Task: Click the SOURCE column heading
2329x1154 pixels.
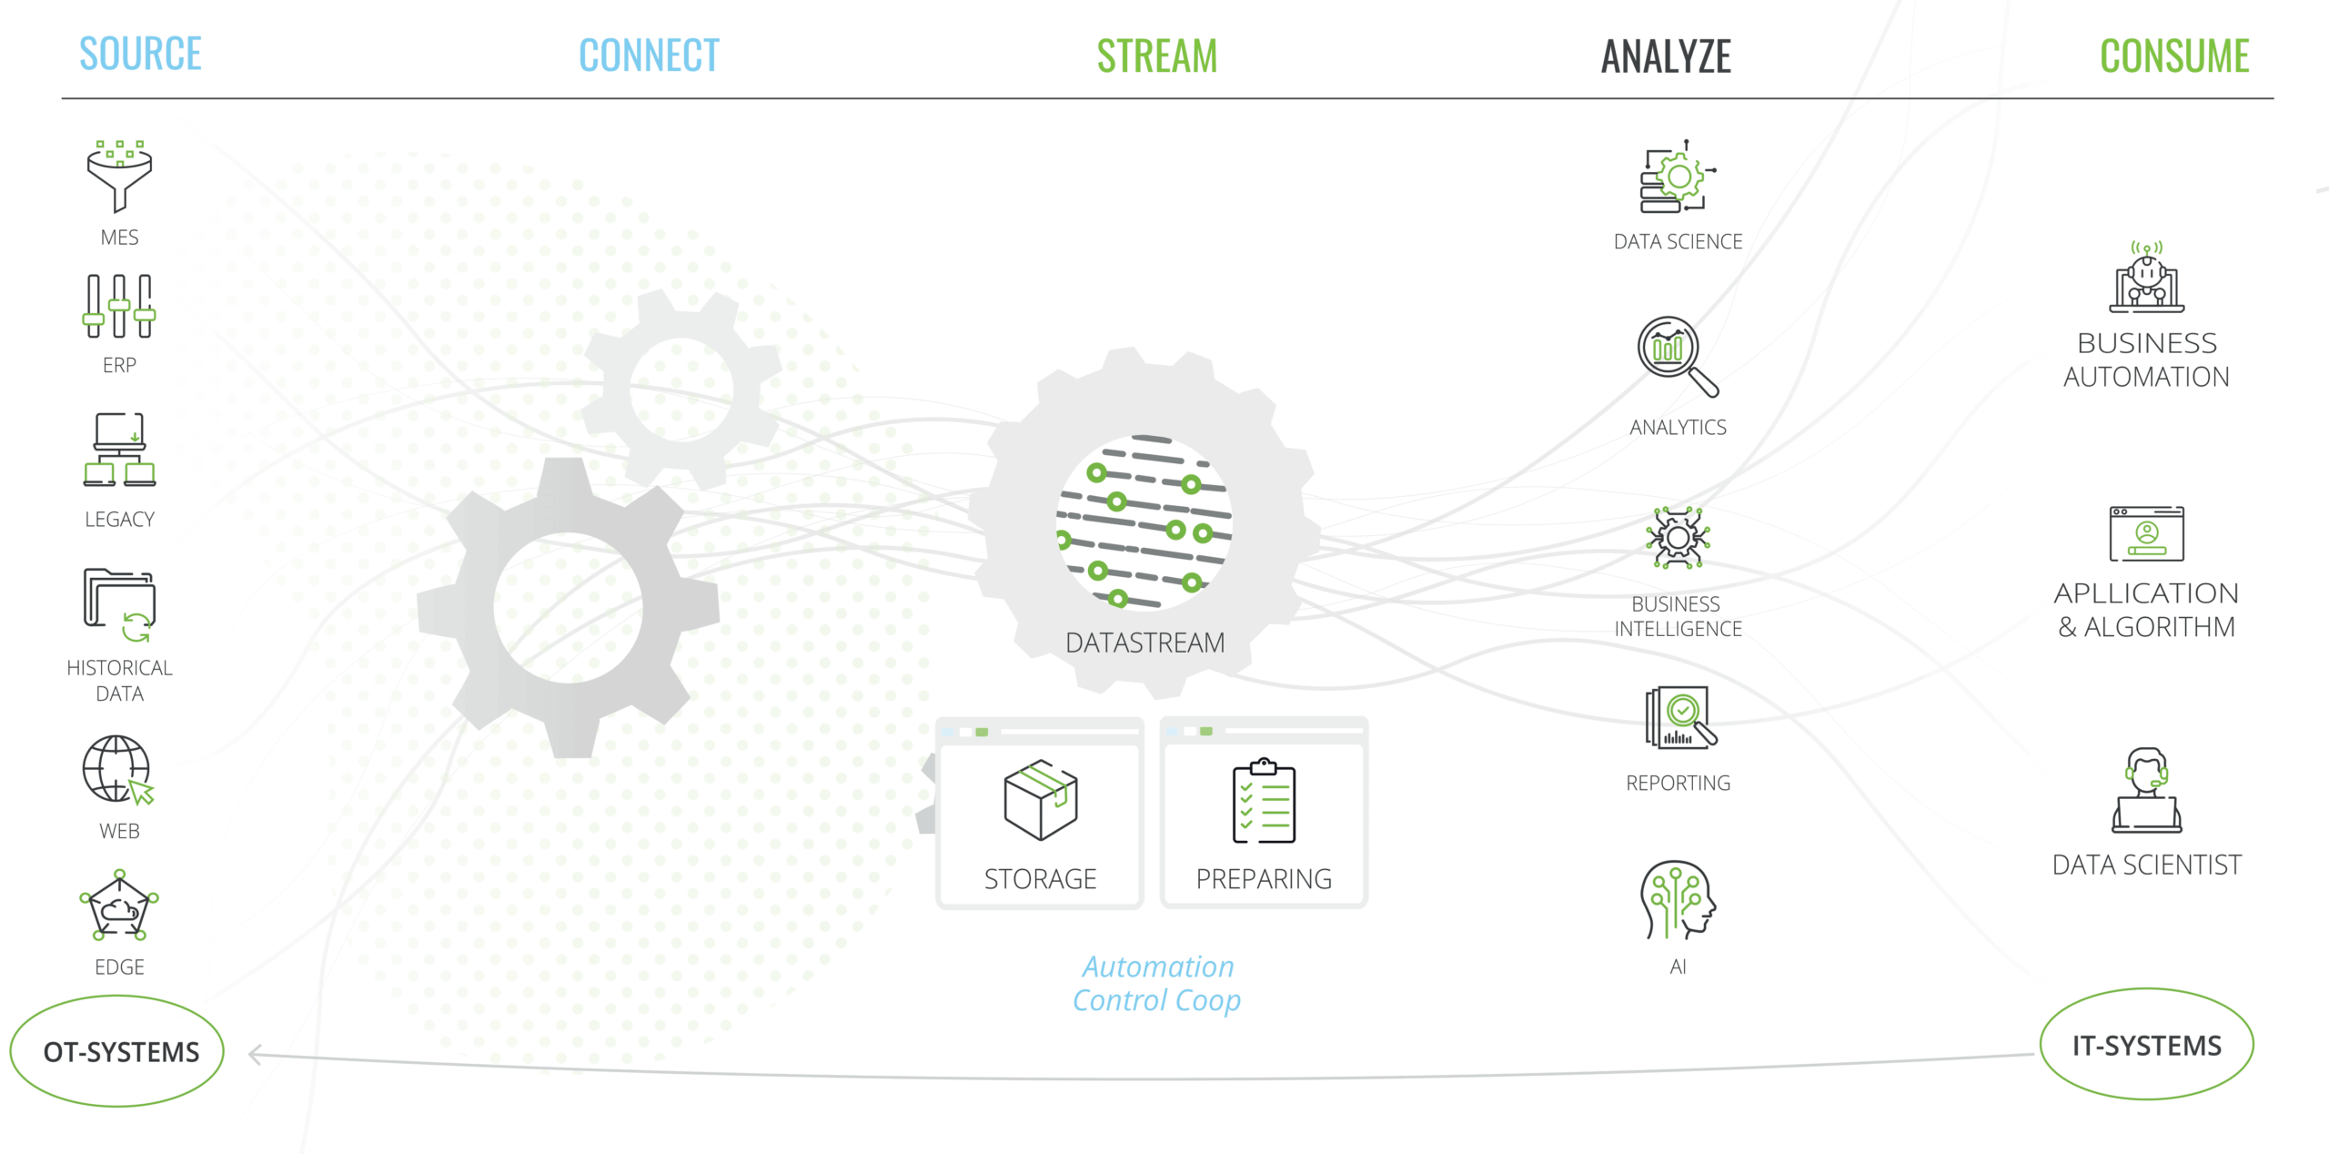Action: (x=140, y=54)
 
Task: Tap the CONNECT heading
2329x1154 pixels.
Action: (x=649, y=56)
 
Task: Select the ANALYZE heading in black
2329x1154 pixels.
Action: (x=1666, y=56)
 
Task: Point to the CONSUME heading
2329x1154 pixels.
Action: (x=2173, y=56)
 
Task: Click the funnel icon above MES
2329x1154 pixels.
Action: (x=119, y=176)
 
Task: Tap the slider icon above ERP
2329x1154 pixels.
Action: (x=119, y=307)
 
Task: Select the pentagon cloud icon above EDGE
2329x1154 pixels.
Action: (x=119, y=907)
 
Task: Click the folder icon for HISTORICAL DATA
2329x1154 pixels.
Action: (x=120, y=603)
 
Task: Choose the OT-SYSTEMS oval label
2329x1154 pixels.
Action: (x=119, y=1051)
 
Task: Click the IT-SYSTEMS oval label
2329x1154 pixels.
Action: (x=2146, y=1045)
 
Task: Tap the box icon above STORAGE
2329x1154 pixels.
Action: (x=1040, y=800)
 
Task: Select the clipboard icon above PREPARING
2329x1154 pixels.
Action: (x=1264, y=801)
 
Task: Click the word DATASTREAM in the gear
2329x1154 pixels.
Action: (x=1144, y=643)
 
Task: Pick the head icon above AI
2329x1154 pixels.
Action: (x=1678, y=900)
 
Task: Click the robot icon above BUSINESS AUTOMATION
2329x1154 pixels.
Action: (x=2146, y=278)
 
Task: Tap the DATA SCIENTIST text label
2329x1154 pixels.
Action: (x=2146, y=865)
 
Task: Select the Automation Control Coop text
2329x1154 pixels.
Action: (x=1156, y=984)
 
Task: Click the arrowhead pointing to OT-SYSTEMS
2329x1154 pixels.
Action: (x=256, y=1054)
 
